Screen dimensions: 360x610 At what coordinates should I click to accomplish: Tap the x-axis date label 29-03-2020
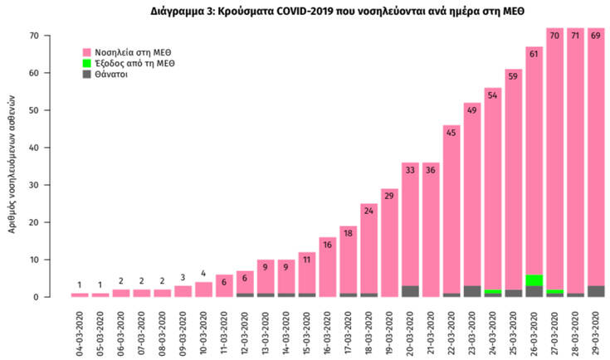coord(596,331)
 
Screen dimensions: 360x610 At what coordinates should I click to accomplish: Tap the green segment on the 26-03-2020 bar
coord(534,280)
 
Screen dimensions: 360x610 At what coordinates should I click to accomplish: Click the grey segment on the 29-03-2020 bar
coord(596,291)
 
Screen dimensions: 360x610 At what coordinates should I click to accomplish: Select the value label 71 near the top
coord(576,36)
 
